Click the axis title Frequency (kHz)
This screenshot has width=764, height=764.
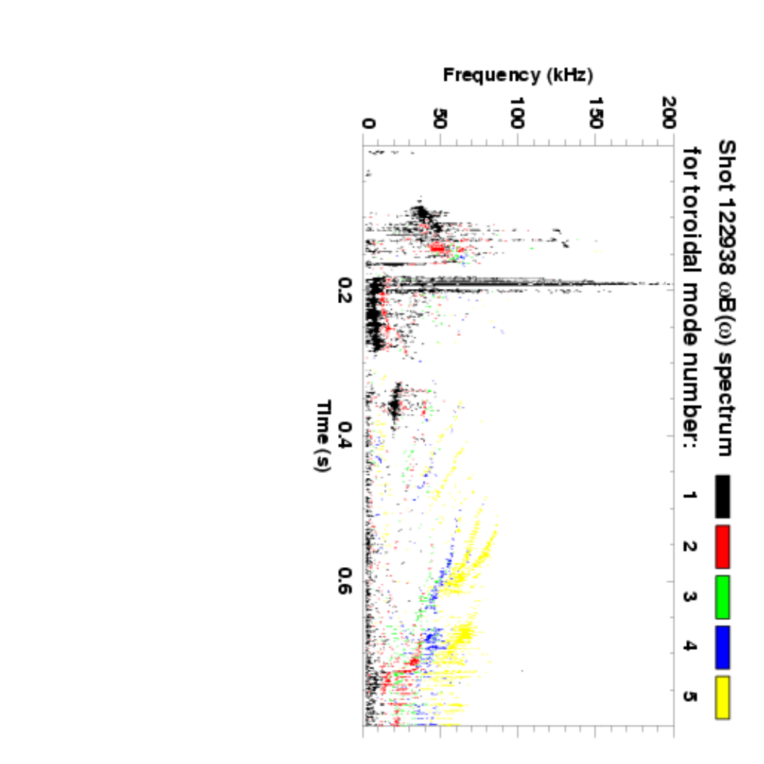pos(518,73)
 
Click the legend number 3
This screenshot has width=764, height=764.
pos(691,596)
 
